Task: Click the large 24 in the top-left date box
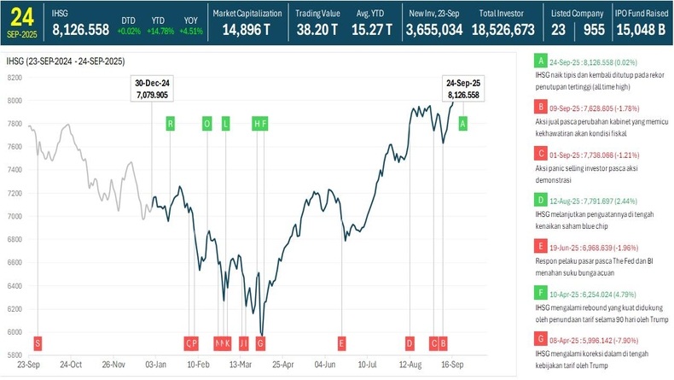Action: click(x=21, y=15)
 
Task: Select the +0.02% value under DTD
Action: click(x=128, y=31)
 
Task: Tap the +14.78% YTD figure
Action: click(x=160, y=31)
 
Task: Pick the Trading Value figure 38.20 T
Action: click(x=317, y=29)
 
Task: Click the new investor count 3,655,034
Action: click(x=434, y=29)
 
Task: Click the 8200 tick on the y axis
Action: click(x=14, y=77)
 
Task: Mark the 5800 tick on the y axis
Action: click(x=14, y=354)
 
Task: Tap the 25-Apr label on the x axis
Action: click(x=282, y=365)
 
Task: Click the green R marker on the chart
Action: click(x=171, y=123)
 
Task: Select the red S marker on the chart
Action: click(x=37, y=342)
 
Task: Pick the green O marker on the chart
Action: click(x=206, y=123)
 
